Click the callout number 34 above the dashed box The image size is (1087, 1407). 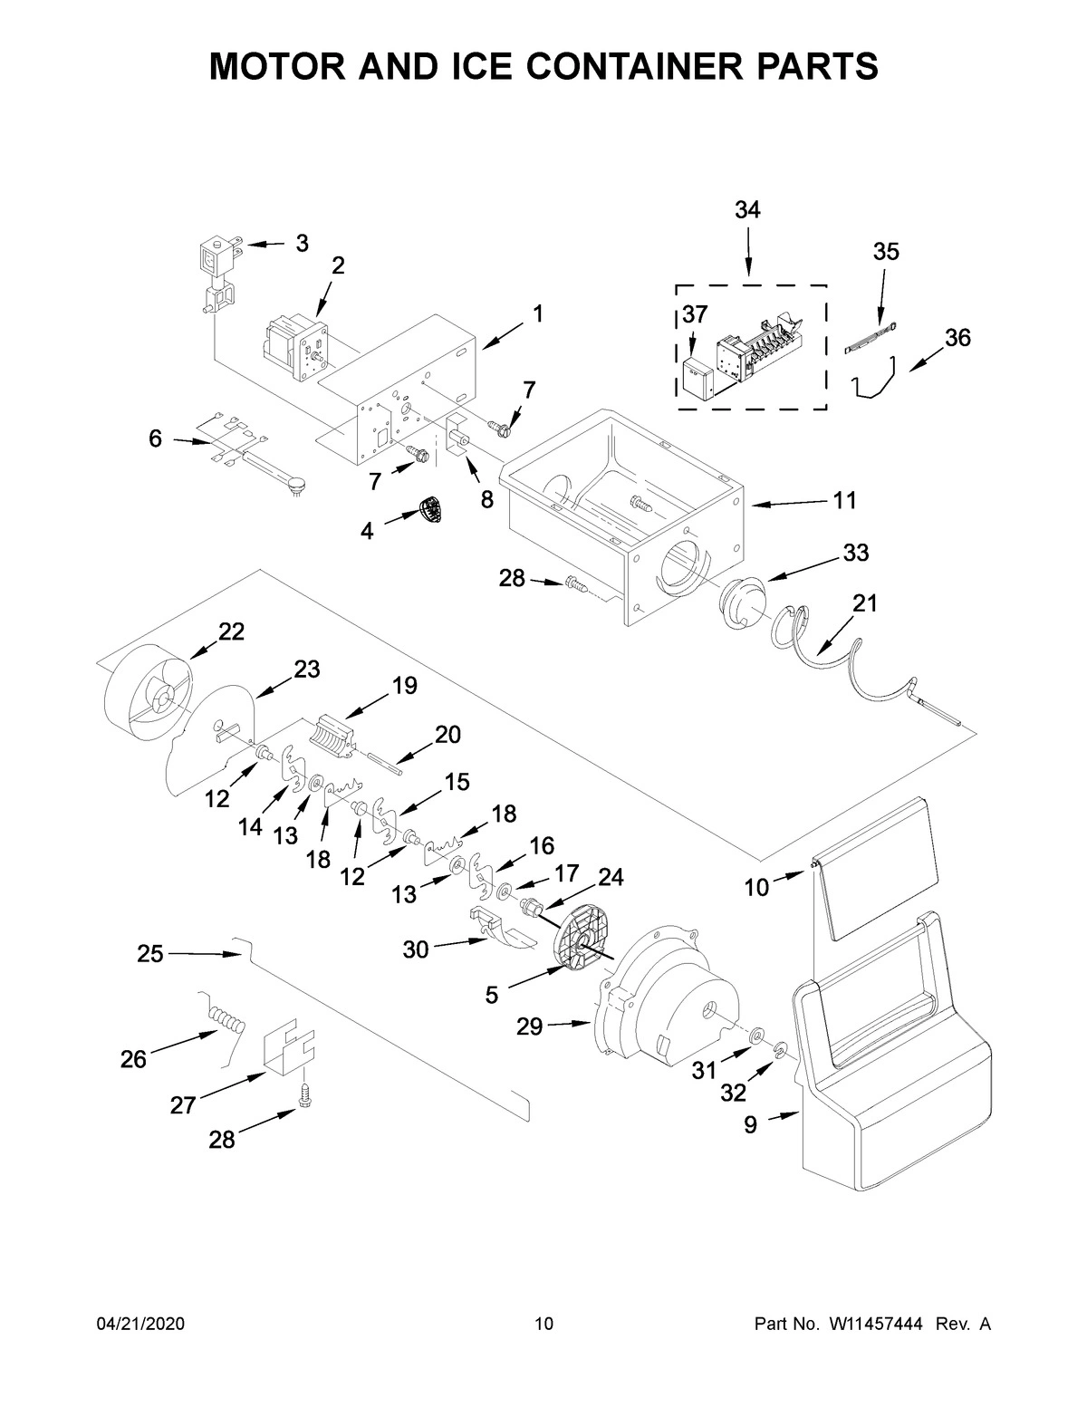[747, 210]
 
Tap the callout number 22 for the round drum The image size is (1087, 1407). [231, 631]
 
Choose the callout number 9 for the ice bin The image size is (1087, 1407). [750, 1124]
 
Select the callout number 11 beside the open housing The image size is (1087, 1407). [844, 500]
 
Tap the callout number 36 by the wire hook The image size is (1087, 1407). [957, 338]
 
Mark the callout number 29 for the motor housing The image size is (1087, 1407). [529, 1026]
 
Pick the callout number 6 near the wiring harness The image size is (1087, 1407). [155, 438]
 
